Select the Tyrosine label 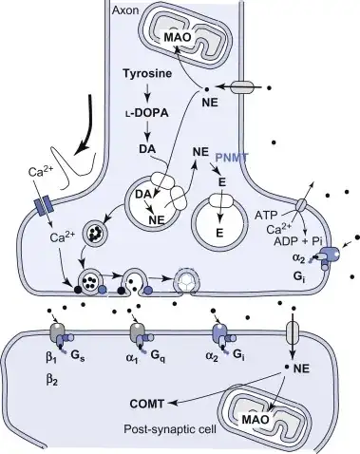147,73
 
